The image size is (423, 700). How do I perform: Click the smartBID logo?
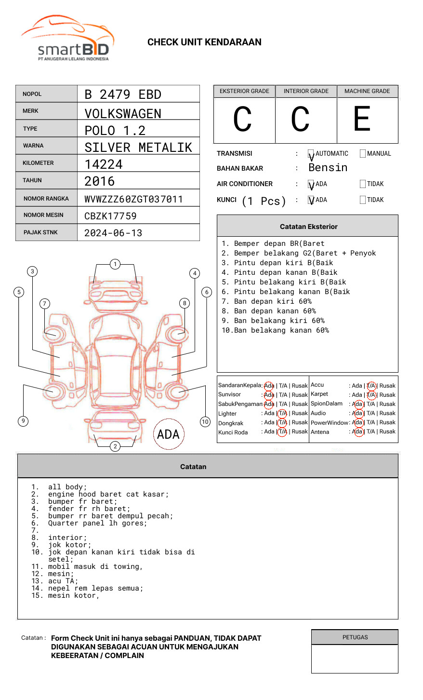coord(67,39)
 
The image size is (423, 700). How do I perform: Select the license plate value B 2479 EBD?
coord(123,94)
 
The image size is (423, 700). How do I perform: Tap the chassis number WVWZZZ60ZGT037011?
coord(133,199)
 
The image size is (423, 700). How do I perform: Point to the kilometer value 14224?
coord(104,164)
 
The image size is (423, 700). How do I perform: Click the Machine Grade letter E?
coord(362,119)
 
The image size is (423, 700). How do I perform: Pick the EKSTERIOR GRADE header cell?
coord(244,91)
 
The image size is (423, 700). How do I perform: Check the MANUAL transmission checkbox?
coord(363,154)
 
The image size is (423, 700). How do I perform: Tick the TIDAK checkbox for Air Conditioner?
coord(363,184)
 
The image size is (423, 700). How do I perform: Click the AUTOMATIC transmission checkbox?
coord(311,154)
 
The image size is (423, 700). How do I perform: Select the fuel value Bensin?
coord(328,168)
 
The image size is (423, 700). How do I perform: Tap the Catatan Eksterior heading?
coord(308,227)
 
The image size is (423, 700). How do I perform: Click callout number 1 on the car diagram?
coord(115,264)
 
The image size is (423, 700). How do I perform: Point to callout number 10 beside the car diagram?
coord(205,422)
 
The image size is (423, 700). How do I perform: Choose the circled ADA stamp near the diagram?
coord(168,434)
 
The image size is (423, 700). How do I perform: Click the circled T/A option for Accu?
coord(371,386)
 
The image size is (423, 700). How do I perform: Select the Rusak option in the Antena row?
coord(387,431)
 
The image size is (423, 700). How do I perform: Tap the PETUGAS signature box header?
coord(355,637)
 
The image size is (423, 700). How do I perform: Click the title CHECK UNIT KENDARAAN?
coord(204,42)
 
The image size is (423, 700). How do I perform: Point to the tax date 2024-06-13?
coord(113,233)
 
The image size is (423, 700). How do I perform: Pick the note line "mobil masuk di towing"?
coord(95,567)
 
